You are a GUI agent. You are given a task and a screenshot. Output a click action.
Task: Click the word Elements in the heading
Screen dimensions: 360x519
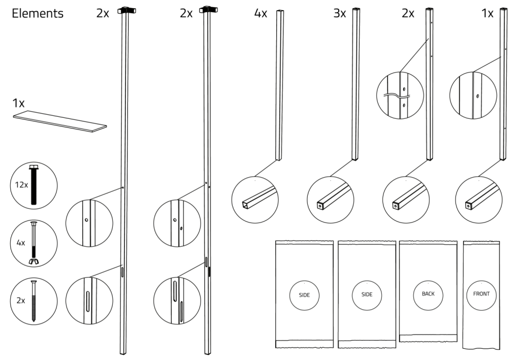(38, 14)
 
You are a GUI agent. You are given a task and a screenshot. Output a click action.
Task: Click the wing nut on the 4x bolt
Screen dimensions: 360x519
(35, 261)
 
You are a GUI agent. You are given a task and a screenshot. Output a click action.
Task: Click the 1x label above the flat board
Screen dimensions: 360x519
(18, 103)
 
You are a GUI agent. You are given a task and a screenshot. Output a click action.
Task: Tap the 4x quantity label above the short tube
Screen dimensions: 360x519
(261, 14)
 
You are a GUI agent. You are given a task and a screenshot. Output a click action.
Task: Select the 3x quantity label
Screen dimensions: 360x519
(339, 14)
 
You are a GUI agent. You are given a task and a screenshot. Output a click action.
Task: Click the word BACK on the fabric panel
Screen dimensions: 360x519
(428, 294)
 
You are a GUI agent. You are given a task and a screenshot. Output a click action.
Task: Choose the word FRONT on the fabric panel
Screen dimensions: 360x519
(480, 294)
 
